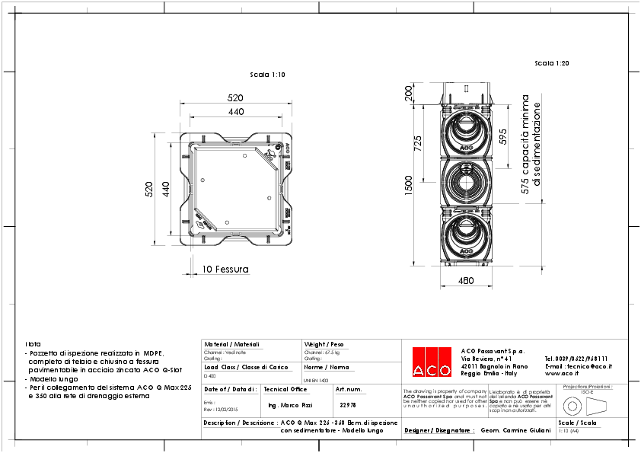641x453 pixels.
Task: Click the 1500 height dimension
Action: (x=409, y=183)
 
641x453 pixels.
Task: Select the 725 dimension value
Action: (x=418, y=144)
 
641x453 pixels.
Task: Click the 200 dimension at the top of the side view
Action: (x=409, y=94)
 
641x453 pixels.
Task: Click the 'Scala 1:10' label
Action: (x=267, y=75)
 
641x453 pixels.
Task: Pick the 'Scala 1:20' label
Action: (x=552, y=63)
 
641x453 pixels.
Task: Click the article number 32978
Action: (x=347, y=405)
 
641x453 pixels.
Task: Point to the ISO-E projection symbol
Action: (x=586, y=404)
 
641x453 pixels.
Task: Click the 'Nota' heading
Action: (x=33, y=344)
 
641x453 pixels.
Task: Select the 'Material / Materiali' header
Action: (x=231, y=344)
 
